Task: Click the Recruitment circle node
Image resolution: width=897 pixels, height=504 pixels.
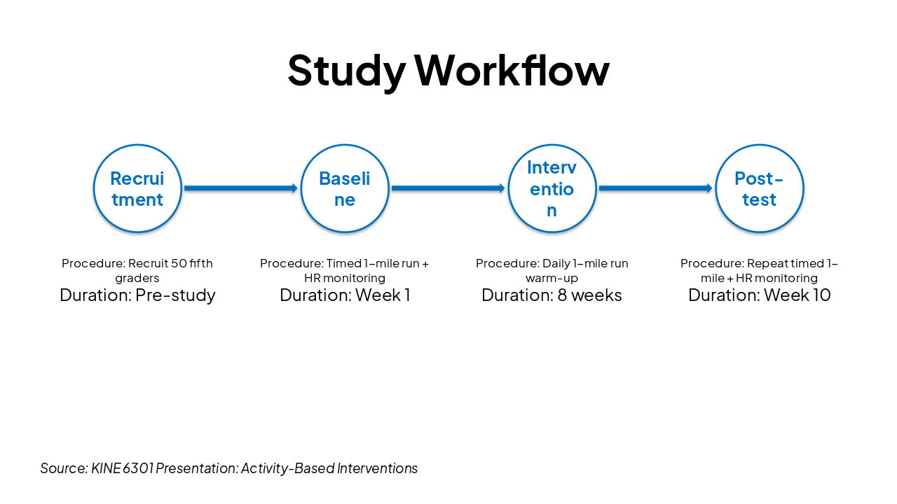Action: coord(137,188)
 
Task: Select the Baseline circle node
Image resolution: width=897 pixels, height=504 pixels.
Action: coord(345,188)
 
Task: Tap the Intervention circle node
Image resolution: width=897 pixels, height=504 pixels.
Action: coord(552,188)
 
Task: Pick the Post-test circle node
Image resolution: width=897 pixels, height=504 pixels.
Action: coord(760,188)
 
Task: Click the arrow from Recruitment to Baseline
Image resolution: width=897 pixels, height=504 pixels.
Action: coord(240,188)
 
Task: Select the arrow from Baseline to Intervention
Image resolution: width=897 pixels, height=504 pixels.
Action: coord(448,188)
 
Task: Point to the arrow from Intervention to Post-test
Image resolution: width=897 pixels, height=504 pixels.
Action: coord(655,188)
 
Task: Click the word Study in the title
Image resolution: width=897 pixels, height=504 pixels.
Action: coord(346,71)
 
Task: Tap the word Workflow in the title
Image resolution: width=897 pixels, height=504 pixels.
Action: coord(512,71)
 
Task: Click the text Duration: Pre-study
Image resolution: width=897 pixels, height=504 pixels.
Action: coord(137,295)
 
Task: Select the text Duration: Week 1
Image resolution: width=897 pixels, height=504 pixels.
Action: coord(345,295)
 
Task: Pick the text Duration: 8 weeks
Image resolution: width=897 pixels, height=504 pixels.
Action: coord(552,295)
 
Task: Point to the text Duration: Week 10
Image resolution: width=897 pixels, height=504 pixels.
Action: coord(760,295)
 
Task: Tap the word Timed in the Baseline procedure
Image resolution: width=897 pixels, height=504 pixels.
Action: coord(343,264)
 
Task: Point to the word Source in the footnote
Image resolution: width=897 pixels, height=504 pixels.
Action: coord(63,468)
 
